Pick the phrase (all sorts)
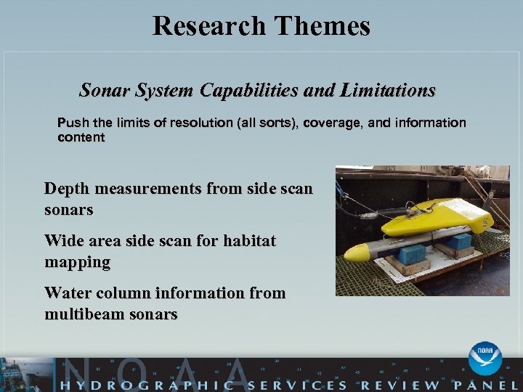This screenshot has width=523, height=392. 268,123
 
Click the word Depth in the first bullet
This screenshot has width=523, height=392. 68,189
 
